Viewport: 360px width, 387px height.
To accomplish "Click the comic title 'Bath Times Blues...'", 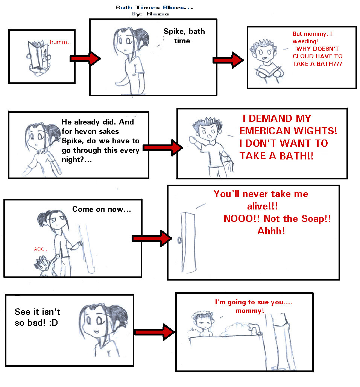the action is (154, 8).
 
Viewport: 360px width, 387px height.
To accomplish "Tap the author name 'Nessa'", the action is (158, 14).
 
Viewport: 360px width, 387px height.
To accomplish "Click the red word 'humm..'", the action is (60, 42).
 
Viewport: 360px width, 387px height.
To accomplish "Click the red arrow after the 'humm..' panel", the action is (85, 59).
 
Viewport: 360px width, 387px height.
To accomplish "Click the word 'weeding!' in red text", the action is (305, 41).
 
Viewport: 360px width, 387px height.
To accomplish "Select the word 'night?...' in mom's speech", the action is (77, 160).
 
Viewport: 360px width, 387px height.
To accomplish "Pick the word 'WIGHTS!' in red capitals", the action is (315, 131).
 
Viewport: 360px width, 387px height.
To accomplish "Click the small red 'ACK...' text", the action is (41, 249).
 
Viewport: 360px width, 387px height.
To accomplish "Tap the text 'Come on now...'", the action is (102, 209).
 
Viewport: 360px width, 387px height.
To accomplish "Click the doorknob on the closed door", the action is (179, 240).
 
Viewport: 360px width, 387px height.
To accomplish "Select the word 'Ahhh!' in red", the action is (271, 231).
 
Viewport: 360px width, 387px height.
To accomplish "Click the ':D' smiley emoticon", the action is (53, 323).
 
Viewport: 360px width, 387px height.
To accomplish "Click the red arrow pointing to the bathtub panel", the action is (155, 332).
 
